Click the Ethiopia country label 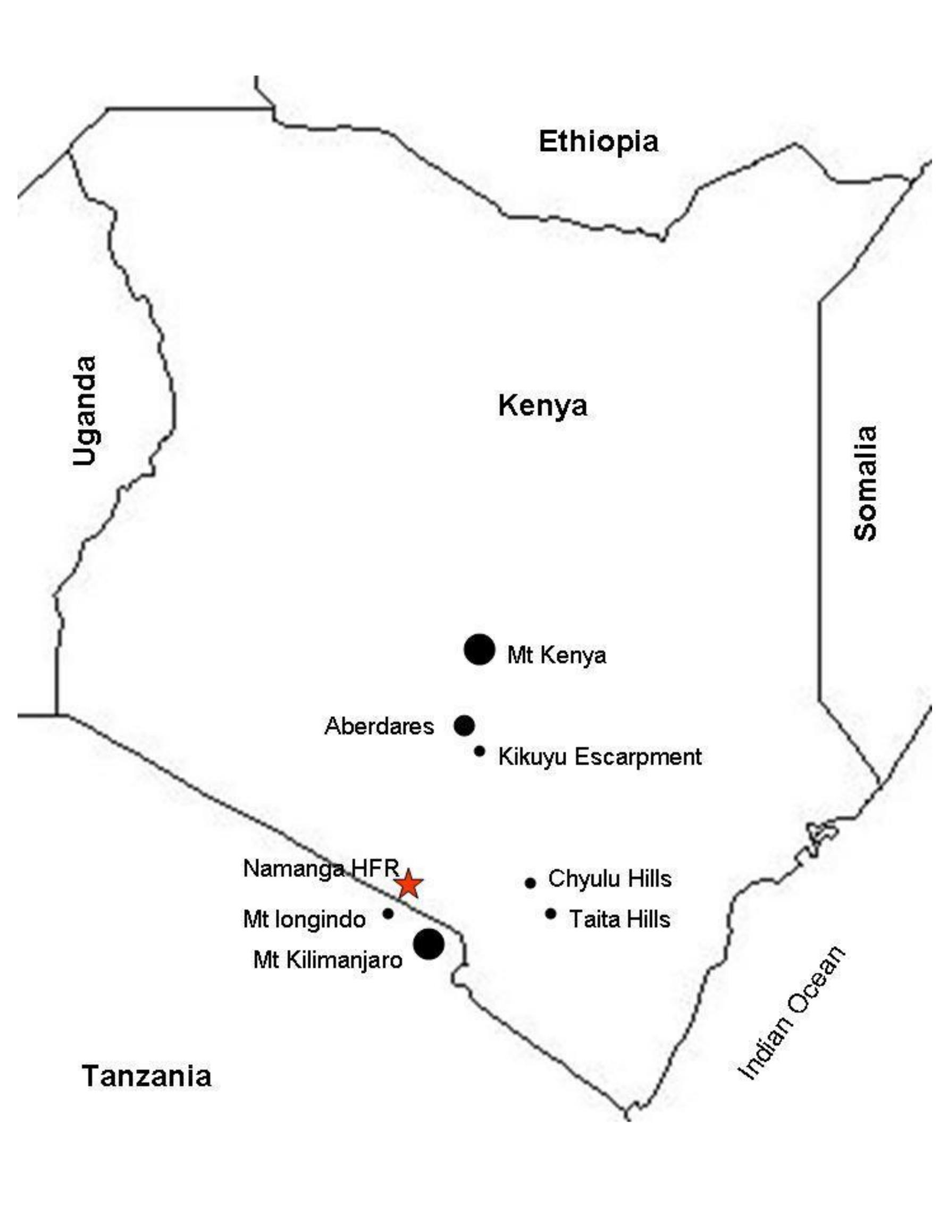click(598, 141)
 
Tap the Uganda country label click(86, 411)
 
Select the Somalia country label click(866, 483)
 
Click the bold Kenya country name click(542, 406)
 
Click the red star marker click(408, 884)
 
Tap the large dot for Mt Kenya click(479, 650)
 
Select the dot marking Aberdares click(464, 725)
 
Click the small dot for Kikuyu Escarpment click(479, 751)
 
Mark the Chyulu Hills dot click(530, 883)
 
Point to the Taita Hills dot click(550, 914)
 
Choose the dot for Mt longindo click(388, 914)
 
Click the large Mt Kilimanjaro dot click(428, 944)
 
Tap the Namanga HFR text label click(321, 868)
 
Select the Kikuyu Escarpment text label click(600, 757)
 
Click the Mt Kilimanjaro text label click(328, 960)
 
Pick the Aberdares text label click(379, 726)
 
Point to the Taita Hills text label click(619, 919)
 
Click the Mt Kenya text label click(556, 655)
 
